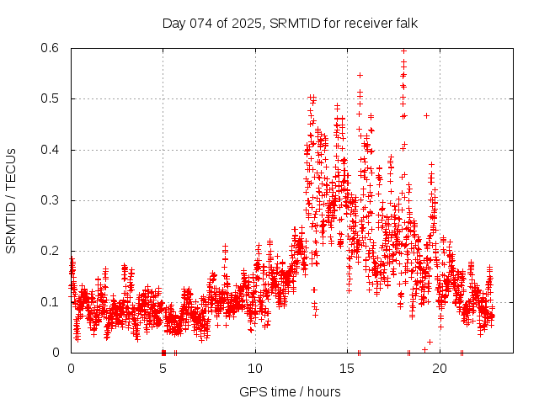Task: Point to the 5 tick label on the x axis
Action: click(163, 369)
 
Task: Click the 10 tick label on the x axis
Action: click(255, 369)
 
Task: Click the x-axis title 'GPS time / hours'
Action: click(290, 391)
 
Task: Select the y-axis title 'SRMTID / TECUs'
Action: click(12, 200)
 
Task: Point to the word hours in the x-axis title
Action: click(323, 391)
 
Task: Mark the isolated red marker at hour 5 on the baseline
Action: click(163, 352)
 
